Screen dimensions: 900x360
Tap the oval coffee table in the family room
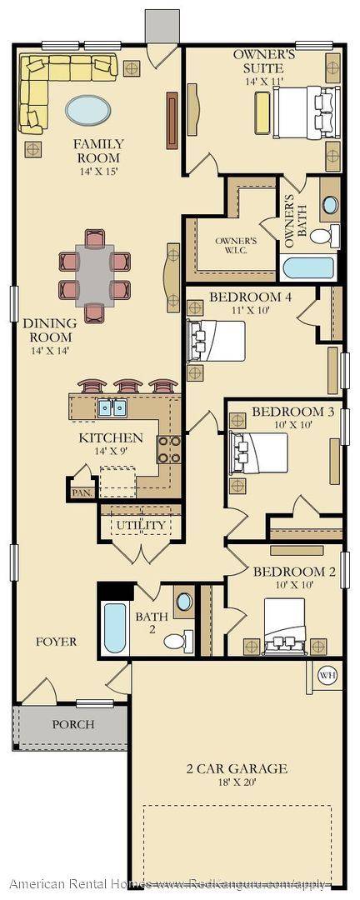(x=87, y=109)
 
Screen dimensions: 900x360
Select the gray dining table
(x=94, y=274)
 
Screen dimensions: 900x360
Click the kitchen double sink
(x=112, y=408)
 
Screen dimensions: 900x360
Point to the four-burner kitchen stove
(x=169, y=449)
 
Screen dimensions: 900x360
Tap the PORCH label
(x=73, y=724)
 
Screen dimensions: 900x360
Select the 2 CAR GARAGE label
(x=237, y=768)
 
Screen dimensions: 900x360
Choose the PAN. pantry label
(x=81, y=492)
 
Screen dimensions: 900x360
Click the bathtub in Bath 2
(x=113, y=628)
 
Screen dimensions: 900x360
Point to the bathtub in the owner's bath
(x=308, y=268)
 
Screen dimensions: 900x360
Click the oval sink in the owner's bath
(x=330, y=204)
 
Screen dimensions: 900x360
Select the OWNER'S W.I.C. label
(x=236, y=246)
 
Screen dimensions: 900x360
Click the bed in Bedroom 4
(x=218, y=339)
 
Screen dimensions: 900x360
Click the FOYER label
(x=57, y=642)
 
